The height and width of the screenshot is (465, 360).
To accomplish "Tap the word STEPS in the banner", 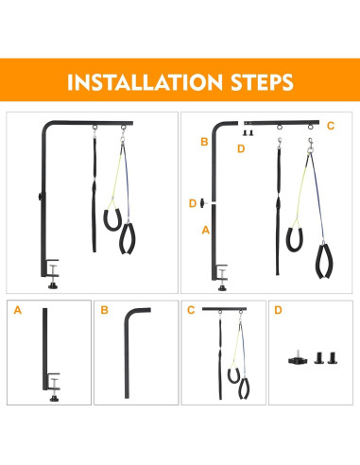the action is (262, 82).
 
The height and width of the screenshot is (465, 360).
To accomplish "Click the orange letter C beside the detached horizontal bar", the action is (331, 126).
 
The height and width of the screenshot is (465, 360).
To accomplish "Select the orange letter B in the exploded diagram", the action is (204, 142).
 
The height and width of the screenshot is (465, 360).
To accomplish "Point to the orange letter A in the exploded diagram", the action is (206, 231).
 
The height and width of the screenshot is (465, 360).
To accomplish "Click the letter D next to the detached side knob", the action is (193, 203).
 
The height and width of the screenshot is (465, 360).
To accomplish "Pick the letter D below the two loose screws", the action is (241, 148).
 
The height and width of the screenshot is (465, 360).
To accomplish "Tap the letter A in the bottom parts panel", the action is (18, 310).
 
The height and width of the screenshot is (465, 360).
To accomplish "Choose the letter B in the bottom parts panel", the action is (104, 310).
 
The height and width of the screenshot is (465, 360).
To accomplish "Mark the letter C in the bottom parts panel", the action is (191, 310).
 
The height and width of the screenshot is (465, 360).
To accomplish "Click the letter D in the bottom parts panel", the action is (278, 310).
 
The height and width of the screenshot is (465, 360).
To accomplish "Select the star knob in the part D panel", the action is (297, 359).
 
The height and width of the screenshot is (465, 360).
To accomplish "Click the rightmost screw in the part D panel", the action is (333, 358).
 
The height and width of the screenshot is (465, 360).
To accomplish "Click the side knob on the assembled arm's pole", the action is (41, 197).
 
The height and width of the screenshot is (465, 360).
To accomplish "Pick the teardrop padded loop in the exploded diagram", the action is (324, 261).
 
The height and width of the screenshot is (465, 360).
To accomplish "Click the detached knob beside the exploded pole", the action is (202, 203).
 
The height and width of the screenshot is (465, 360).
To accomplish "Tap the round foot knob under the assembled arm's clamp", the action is (53, 285).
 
